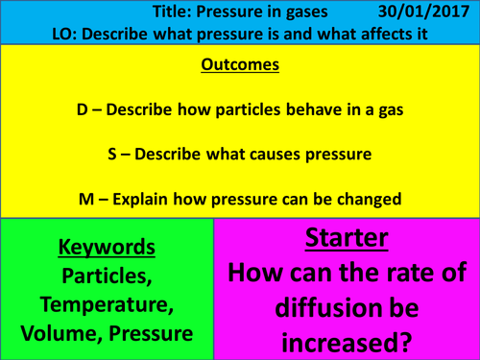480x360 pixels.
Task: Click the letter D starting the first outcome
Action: tap(82, 110)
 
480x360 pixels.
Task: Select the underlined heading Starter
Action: tap(348, 237)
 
